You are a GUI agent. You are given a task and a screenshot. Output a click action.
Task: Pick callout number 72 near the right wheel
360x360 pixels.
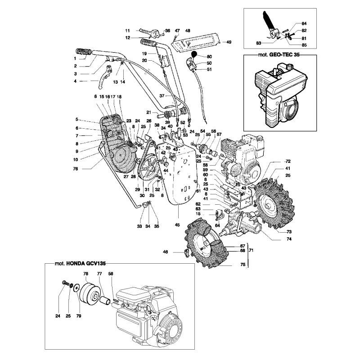pos(288,161)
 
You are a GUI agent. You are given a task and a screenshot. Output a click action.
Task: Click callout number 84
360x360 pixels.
pos(304,23)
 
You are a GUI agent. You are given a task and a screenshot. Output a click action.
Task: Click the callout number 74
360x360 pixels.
pos(288,238)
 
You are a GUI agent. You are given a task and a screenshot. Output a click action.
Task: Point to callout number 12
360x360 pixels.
pos(128,38)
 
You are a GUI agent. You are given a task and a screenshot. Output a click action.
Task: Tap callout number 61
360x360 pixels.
pos(198,191)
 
